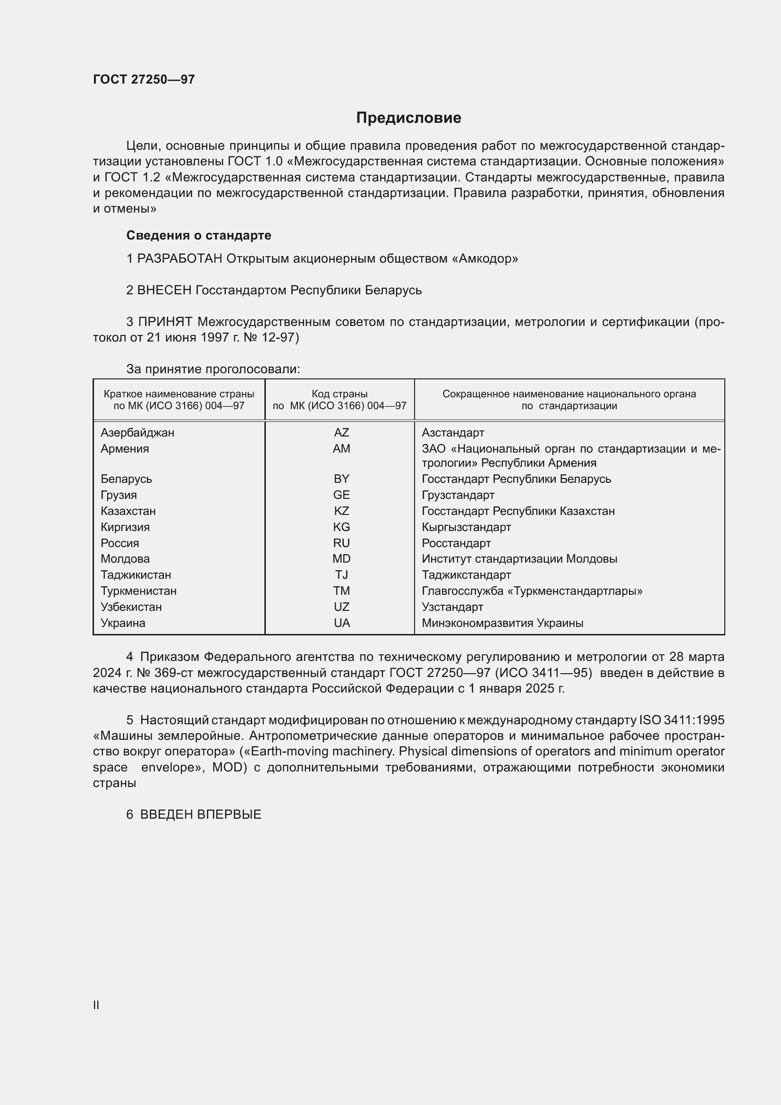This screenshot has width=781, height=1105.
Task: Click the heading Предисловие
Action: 408,118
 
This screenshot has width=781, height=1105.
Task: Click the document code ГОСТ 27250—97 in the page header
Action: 144,79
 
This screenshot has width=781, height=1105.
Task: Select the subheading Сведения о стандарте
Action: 199,235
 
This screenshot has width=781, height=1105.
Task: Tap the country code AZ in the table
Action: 341,433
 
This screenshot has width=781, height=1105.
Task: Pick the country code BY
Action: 341,479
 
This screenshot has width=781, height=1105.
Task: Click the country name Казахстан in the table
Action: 128,511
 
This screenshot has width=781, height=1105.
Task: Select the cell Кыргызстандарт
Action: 466,527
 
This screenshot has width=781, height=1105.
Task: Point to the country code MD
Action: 341,559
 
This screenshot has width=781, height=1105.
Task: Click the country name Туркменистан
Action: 138,591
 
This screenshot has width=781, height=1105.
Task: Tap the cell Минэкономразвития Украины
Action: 502,623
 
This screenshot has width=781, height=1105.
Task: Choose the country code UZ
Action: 341,607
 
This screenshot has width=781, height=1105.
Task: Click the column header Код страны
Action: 340,394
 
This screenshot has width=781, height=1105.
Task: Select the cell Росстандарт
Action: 456,543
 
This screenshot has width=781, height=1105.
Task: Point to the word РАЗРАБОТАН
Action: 180,259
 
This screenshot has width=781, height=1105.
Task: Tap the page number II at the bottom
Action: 96,1005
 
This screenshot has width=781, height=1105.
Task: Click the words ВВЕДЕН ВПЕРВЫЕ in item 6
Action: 201,815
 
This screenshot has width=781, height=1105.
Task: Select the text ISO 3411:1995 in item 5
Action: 681,720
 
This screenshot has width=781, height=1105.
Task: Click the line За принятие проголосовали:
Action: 213,369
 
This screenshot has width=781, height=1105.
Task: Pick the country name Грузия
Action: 119,495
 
